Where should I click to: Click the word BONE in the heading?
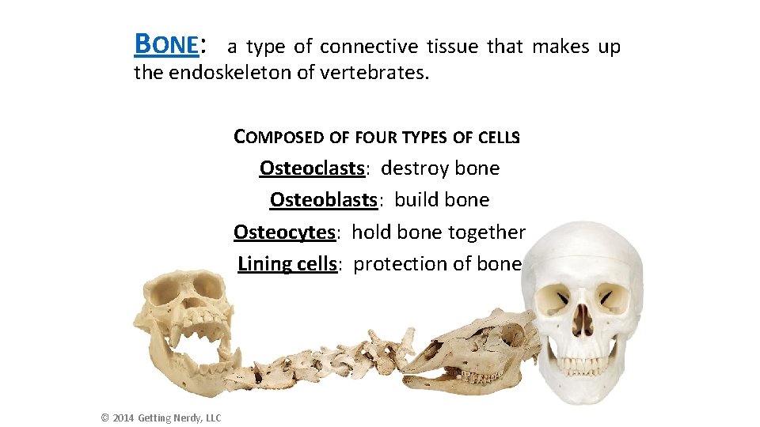(x=166, y=44)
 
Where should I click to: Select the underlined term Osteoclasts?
(x=312, y=168)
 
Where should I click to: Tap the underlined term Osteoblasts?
(x=323, y=200)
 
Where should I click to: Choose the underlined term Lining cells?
(x=288, y=263)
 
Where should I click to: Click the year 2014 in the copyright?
(x=123, y=418)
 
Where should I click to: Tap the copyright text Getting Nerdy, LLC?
(x=180, y=418)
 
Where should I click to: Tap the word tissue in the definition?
(x=454, y=47)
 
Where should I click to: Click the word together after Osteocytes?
(x=487, y=232)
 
